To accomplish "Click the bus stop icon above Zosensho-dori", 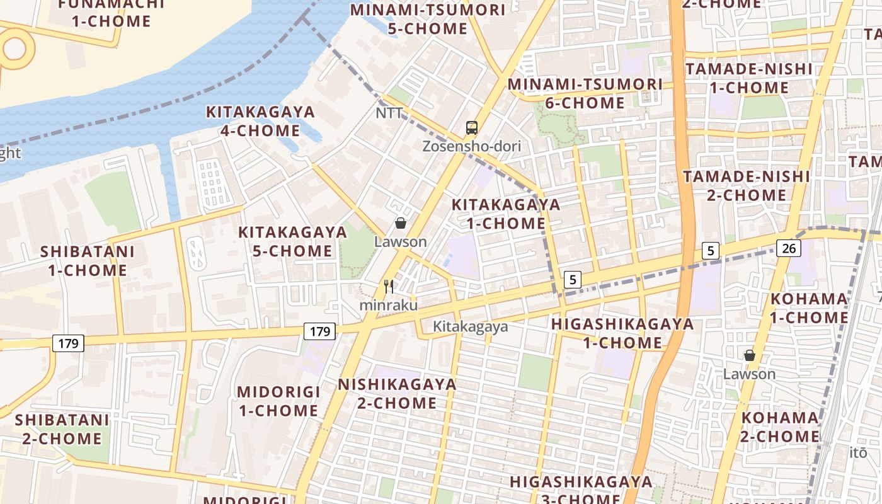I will [471, 128].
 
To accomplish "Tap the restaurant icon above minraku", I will [389, 287].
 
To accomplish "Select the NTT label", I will [389, 113].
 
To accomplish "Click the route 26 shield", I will [788, 248].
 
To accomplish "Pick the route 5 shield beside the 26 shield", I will [711, 250].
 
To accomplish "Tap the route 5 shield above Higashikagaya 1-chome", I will [572, 279].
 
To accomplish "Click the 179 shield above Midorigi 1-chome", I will [321, 331].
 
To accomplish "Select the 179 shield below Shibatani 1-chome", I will [67, 343].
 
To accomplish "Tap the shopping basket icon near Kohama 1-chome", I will [749, 356].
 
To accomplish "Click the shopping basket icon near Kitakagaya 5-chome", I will [400, 223].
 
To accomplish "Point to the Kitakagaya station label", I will [470, 327].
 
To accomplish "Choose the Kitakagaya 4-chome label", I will [260, 121].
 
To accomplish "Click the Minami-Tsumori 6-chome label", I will [585, 93].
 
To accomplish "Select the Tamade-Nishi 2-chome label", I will [747, 185].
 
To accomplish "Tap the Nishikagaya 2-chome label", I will [397, 393].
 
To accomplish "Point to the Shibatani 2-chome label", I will [62, 428].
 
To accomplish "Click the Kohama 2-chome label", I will [780, 427].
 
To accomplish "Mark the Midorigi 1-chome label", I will [278, 401].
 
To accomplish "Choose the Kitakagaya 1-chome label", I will [506, 214].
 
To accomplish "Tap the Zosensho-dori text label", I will [471, 147].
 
